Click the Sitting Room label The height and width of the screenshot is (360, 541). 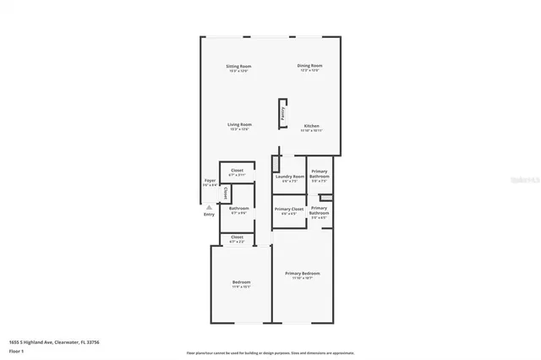(238, 66)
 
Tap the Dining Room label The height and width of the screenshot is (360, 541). (309, 66)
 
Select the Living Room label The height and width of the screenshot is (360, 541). (239, 124)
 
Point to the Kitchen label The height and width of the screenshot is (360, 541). (312, 126)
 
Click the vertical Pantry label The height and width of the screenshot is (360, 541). (282, 114)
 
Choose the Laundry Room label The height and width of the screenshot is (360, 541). (289, 177)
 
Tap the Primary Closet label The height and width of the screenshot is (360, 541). (289, 209)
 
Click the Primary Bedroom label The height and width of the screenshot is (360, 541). (302, 273)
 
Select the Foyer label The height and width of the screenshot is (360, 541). (210, 180)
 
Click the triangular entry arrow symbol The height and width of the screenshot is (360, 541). (209, 205)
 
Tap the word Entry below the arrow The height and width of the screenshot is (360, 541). (209, 214)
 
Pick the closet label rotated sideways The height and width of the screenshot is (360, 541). (225, 193)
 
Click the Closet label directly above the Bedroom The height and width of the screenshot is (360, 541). (237, 237)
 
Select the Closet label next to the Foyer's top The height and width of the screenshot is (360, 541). (237, 170)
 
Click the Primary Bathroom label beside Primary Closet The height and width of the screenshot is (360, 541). (319, 210)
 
